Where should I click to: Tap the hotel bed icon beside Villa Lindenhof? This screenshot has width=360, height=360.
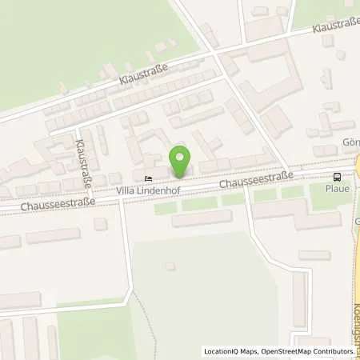pyautogui.click(x=146, y=178)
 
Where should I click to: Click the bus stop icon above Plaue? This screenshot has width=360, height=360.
pyautogui.click(x=338, y=177)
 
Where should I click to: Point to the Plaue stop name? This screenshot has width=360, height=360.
pyautogui.click(x=338, y=190)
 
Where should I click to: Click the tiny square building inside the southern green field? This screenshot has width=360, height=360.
pyautogui.click(x=169, y=266)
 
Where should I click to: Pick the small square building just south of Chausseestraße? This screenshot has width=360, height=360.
pyautogui.click(x=100, y=224)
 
